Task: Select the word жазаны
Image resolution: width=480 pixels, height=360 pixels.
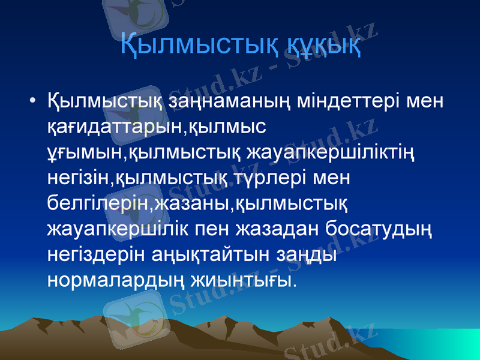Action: coord(191,204)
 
